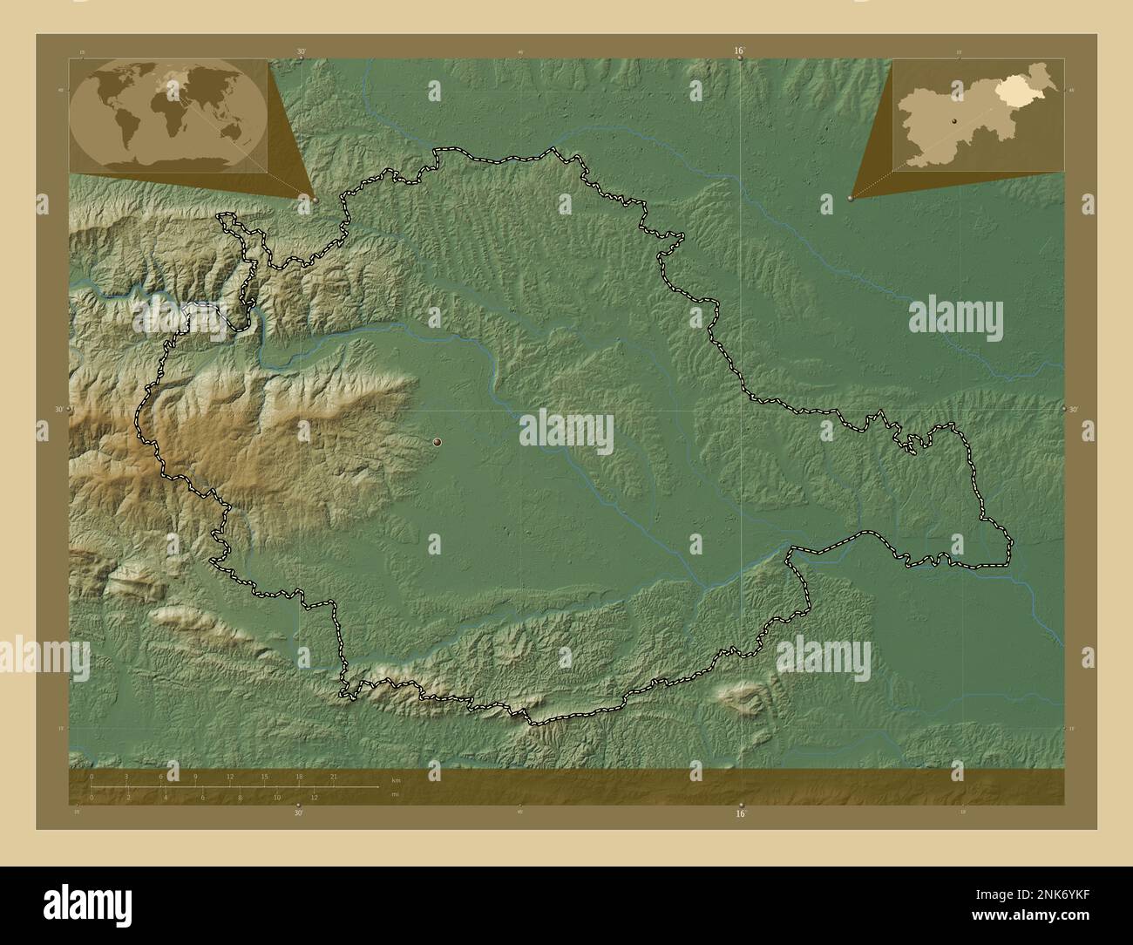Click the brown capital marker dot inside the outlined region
pyautogui.click(x=437, y=443)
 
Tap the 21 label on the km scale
pyautogui.click(x=333, y=775)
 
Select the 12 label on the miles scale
pyautogui.click(x=314, y=797)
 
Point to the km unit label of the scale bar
pyautogui.click(x=396, y=779)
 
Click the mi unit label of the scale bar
pyautogui.click(x=395, y=794)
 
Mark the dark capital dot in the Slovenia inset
pyautogui.click(x=955, y=122)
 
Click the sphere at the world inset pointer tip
pyautogui.click(x=315, y=200)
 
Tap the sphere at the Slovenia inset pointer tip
pyautogui.click(x=850, y=200)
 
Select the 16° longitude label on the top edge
pyautogui.click(x=738, y=51)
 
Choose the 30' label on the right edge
pyautogui.click(x=1073, y=409)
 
